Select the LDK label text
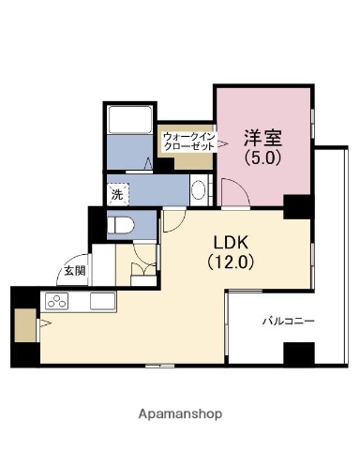click(x=230, y=239)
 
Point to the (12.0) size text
click(x=230, y=262)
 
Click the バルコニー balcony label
click(x=288, y=322)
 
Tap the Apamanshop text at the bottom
click(x=179, y=412)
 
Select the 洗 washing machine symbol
click(x=116, y=195)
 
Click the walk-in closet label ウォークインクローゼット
click(x=189, y=142)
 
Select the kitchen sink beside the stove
click(x=99, y=302)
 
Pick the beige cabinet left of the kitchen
click(x=23, y=323)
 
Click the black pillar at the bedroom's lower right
click(x=297, y=205)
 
